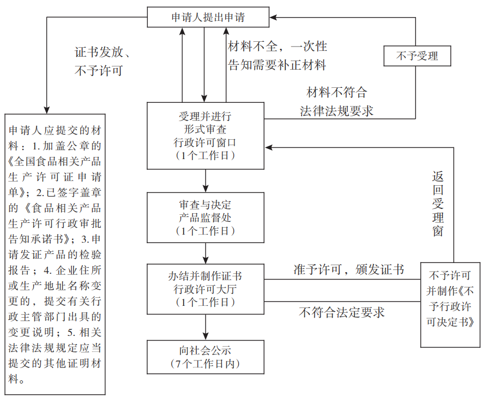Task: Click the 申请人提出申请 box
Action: pos(208,17)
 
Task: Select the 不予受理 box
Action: pos(417,56)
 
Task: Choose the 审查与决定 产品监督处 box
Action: pos(205,217)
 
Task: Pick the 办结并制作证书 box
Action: pos(205,289)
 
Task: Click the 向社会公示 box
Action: pos(205,357)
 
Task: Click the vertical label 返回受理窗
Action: pos(438,204)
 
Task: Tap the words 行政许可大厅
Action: pos(205,289)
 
